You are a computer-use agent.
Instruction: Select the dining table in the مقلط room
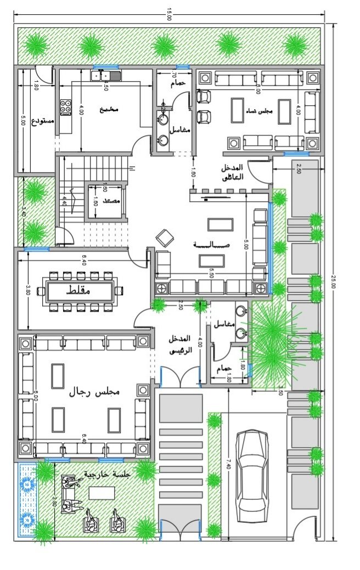point(81,290)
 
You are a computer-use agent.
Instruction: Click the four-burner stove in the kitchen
point(65,106)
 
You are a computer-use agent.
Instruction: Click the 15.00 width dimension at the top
point(168,17)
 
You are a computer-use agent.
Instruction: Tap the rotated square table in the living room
point(165,238)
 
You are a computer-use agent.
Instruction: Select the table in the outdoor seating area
point(102,493)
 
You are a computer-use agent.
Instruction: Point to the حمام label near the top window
point(178,83)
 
